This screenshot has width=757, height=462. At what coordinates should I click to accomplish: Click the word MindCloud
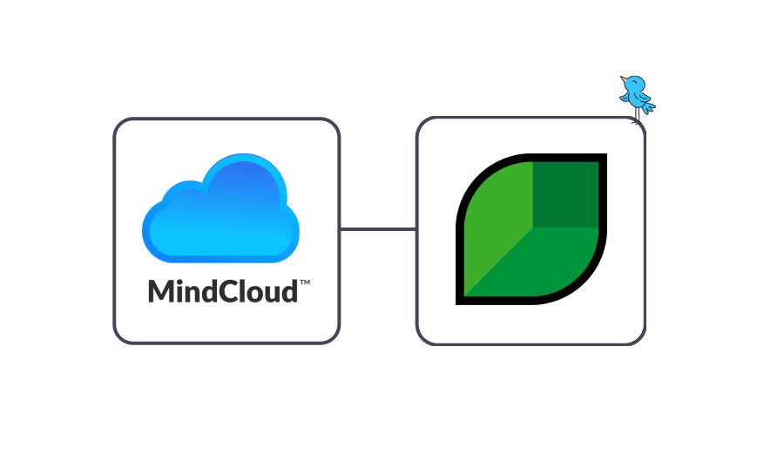[223, 290]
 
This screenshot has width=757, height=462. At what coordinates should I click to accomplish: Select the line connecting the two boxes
[377, 229]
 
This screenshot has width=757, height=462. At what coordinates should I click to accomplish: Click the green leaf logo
[531, 229]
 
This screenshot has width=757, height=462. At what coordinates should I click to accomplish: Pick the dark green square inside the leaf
[566, 194]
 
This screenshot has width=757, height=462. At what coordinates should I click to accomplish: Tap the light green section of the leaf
[497, 218]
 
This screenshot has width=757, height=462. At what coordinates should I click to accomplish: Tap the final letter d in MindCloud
[288, 290]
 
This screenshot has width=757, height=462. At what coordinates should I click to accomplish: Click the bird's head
[632, 84]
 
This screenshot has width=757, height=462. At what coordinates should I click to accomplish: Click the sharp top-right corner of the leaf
[603, 157]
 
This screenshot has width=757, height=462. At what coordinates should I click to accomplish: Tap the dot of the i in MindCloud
[183, 280]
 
